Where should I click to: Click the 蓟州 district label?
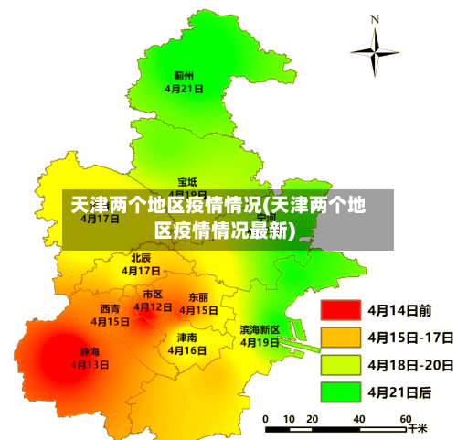click(184, 76)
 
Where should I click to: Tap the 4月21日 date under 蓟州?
click(184, 89)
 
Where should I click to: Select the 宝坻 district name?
click(187, 182)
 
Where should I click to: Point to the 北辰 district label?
click(140, 258)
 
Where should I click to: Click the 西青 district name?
click(110, 309)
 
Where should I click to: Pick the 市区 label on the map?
click(153, 295)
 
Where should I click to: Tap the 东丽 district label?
click(198, 297)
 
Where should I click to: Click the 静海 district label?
click(90, 351)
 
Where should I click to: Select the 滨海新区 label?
click(260, 329)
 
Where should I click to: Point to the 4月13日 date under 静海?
click(90, 364)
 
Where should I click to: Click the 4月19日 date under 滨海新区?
click(260, 342)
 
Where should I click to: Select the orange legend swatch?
click(339, 338)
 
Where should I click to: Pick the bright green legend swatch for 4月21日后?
click(339, 392)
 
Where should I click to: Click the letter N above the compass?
click(375, 18)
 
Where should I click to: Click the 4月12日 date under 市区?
click(153, 307)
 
